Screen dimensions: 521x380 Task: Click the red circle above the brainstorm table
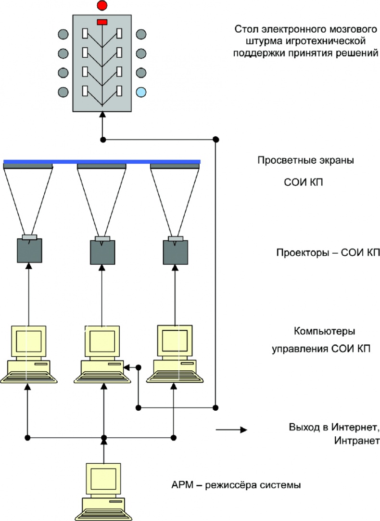pyautogui.click(x=102, y=6)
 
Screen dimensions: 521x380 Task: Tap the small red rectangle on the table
pyautogui.click(x=102, y=22)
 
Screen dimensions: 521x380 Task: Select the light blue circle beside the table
pyautogui.click(x=141, y=91)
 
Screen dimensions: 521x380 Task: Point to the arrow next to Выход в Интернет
pyautogui.click(x=231, y=430)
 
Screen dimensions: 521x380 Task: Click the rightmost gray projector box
pyautogui.click(x=175, y=250)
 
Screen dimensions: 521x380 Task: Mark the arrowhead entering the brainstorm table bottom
pyautogui.click(x=102, y=114)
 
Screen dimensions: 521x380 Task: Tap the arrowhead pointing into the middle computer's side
pyautogui.click(x=126, y=367)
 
